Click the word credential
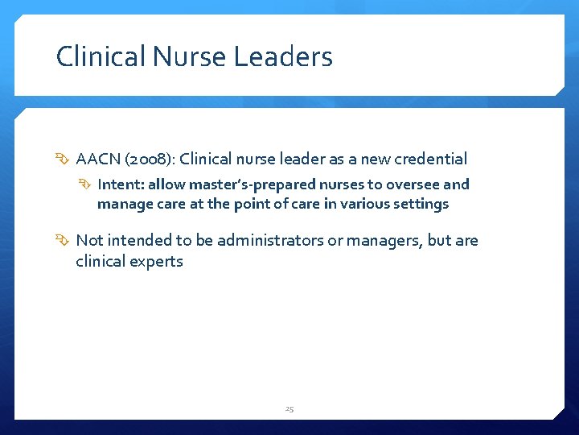[429, 159]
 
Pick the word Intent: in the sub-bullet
[120, 184]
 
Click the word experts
[157, 261]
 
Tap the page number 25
[289, 409]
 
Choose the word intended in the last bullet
[137, 240]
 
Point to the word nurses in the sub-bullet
[345, 184]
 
